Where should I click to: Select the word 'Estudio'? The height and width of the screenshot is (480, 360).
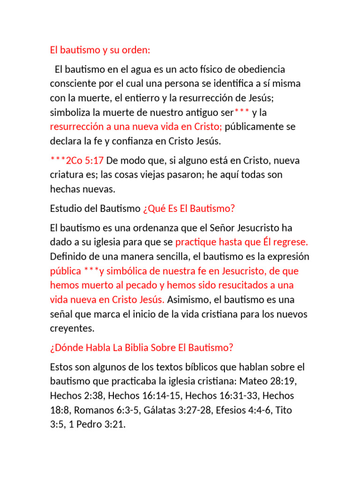coord(65,209)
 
